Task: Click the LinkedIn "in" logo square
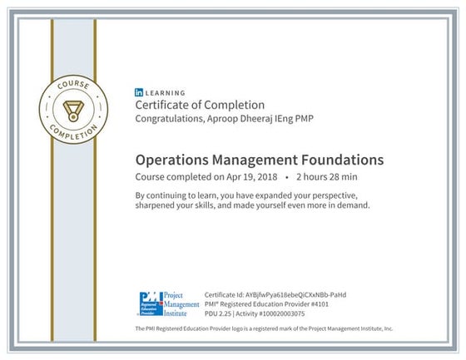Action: point(139,93)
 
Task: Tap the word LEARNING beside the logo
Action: point(166,93)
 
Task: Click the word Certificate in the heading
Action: point(165,106)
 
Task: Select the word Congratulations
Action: point(171,119)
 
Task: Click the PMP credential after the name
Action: point(305,119)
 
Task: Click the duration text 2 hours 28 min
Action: point(327,176)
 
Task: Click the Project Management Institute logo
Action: point(167,305)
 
